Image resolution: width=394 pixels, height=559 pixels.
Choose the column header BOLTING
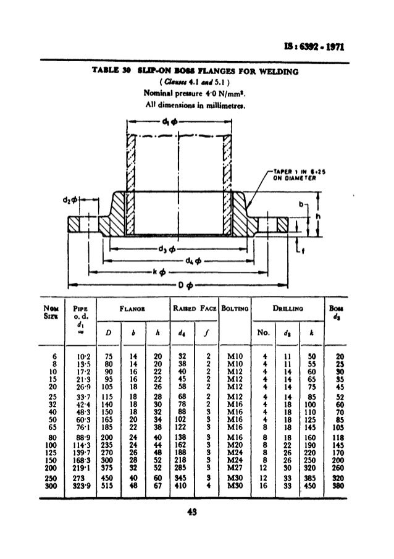click(235, 307)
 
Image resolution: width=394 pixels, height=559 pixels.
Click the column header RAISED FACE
click(193, 307)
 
